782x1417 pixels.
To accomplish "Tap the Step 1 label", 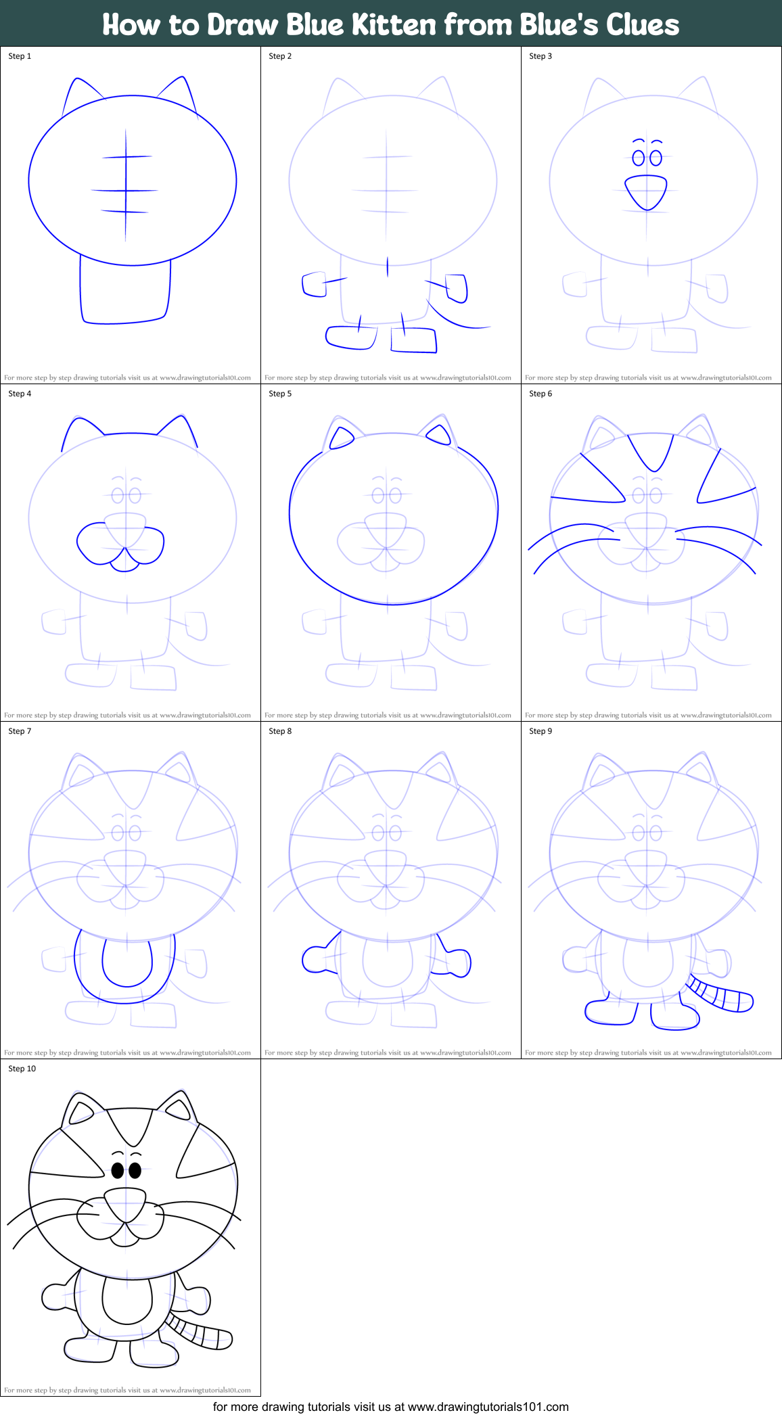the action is pyautogui.click(x=20, y=56).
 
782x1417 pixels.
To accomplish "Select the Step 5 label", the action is pyautogui.click(x=280, y=394).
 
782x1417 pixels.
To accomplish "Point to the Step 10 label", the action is pyautogui.click(x=22, y=1069).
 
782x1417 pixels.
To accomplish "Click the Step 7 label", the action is pyautogui.click(x=20, y=731).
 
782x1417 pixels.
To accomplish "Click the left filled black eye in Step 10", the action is pyautogui.click(x=118, y=1170).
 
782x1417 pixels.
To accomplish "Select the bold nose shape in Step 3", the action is pyautogui.click(x=646, y=193).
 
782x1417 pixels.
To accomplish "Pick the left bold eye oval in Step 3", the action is pyautogui.click(x=638, y=158).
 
